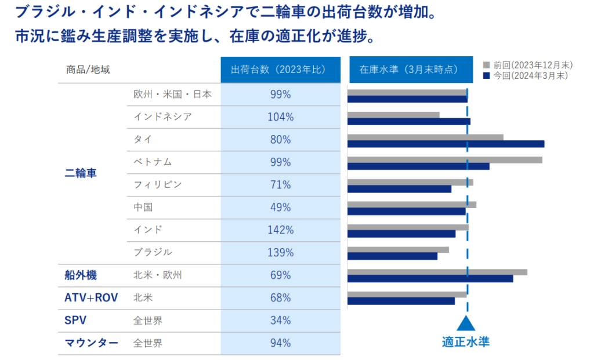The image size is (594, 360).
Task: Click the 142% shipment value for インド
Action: tap(280, 230)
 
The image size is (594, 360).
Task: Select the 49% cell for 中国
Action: tap(280, 207)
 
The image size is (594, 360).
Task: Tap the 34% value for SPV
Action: tap(280, 320)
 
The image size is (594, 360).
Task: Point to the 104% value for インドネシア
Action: tap(280, 117)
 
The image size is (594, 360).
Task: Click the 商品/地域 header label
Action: tap(88, 70)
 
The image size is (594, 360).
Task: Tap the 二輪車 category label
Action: tap(81, 173)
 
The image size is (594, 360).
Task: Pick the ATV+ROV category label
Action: tap(91, 298)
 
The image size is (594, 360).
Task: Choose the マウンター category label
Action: tap(92, 343)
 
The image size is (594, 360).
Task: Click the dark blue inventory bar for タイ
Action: tap(445, 144)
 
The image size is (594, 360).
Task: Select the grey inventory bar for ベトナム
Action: tap(444, 159)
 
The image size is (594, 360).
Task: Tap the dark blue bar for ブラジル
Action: tap(392, 256)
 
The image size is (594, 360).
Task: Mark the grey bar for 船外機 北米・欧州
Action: tap(437, 272)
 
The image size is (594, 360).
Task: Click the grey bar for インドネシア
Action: tap(393, 115)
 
